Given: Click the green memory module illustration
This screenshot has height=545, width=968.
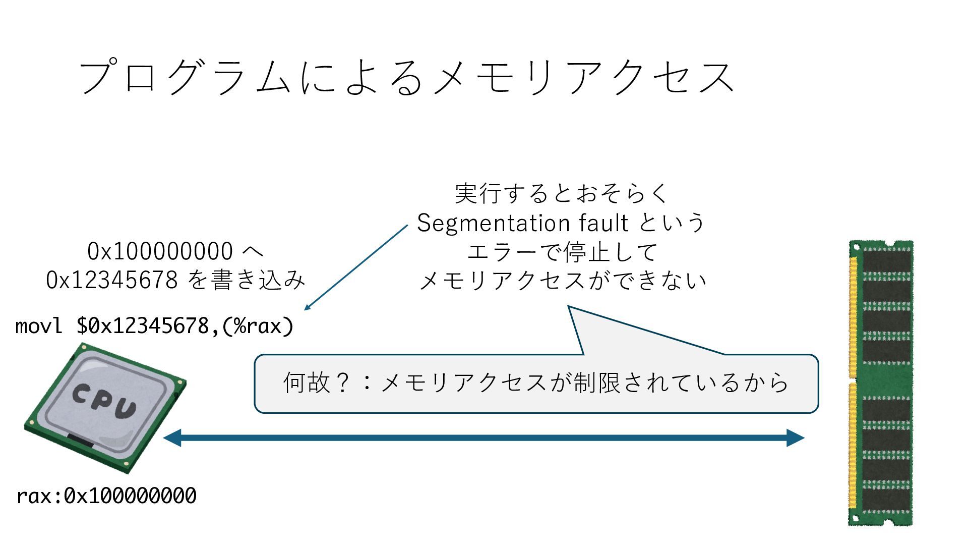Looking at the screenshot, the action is [x=881, y=384].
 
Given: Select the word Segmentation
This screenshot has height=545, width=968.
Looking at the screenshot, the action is [x=487, y=223].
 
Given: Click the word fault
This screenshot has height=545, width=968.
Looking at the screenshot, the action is [x=603, y=223].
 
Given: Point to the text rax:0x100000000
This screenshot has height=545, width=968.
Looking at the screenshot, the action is [x=106, y=496].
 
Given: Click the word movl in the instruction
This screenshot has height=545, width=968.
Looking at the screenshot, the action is [x=39, y=326].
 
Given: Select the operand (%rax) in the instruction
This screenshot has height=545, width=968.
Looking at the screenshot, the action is [x=257, y=326].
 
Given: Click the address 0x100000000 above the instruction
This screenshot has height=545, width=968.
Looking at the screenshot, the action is [x=160, y=251].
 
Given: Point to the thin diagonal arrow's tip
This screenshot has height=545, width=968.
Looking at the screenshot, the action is [x=306, y=309].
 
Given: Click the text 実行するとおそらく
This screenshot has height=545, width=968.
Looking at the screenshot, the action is [x=561, y=193].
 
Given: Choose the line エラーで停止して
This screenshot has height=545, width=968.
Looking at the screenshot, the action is [x=561, y=252].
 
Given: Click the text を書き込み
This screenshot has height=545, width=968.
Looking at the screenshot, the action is [x=247, y=280].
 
